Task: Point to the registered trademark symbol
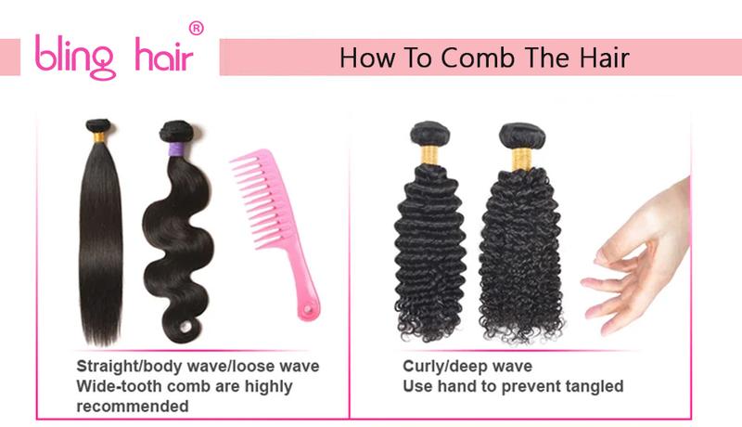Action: pyautogui.click(x=196, y=29)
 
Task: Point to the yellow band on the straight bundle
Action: pyautogui.click(x=99, y=136)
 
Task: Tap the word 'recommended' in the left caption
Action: pyautogui.click(x=133, y=406)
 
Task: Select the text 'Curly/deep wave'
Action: pyautogui.click(x=467, y=367)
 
